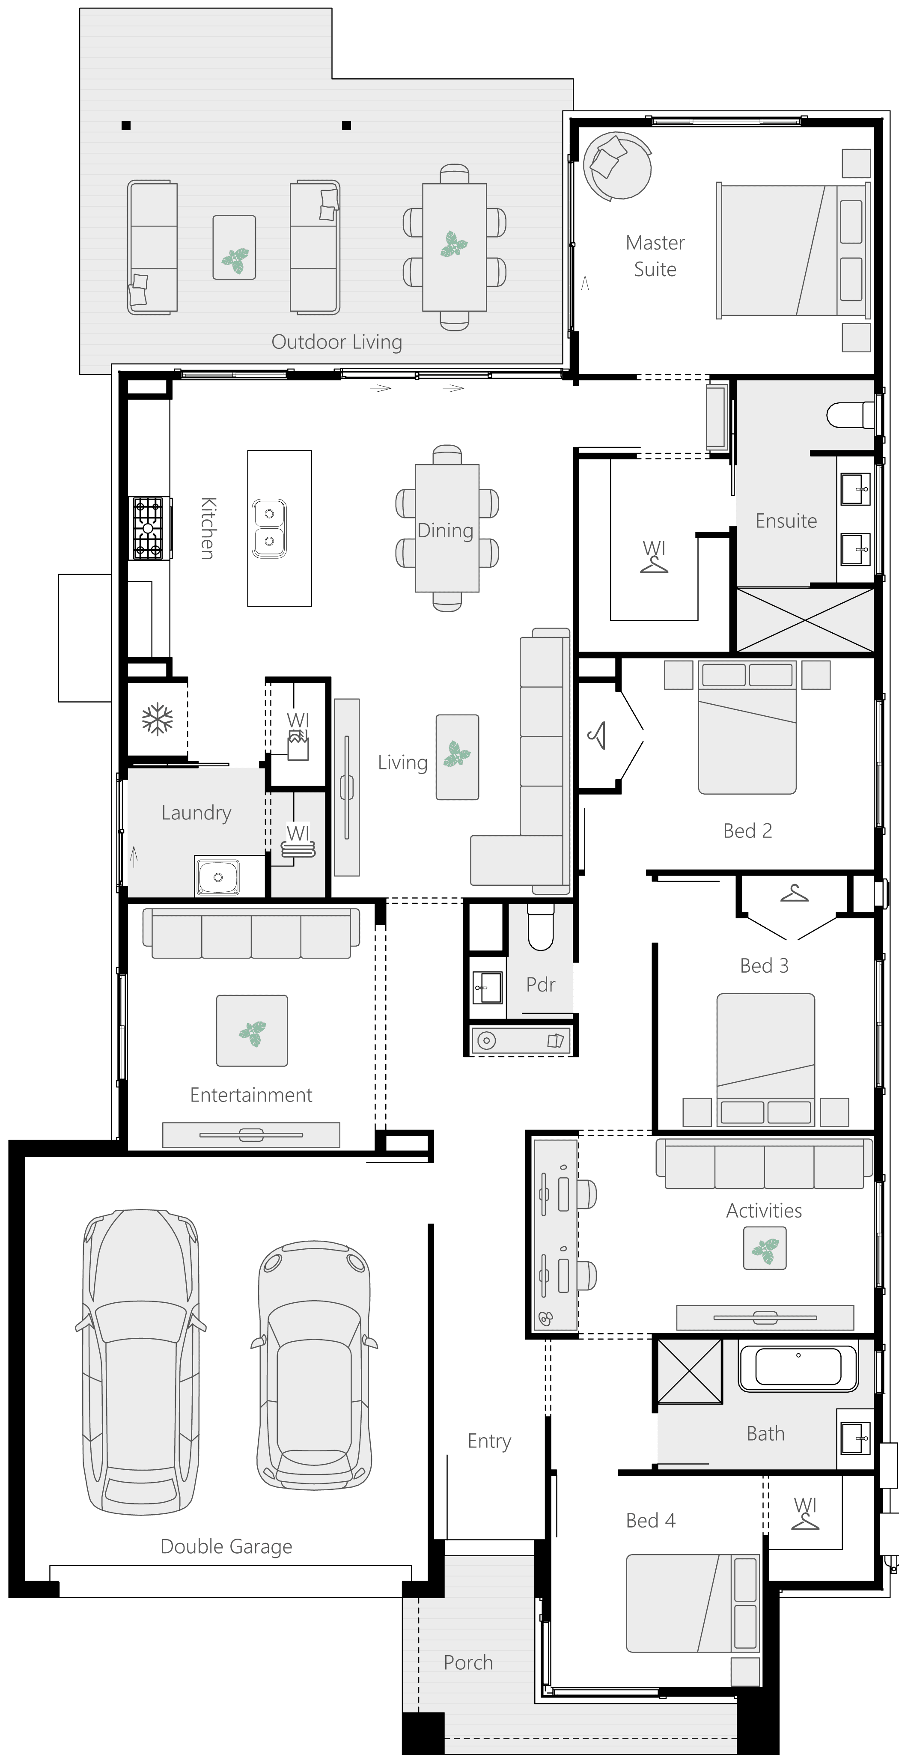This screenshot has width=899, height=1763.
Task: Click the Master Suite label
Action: pyautogui.click(x=655, y=256)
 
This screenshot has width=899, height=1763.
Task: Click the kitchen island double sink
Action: pyautogui.click(x=269, y=528)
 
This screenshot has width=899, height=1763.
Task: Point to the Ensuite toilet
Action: pyautogui.click(x=848, y=415)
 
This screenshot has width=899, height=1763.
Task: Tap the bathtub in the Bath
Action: pyautogui.click(x=798, y=1368)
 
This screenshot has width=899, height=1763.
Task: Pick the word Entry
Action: pyautogui.click(x=489, y=1441)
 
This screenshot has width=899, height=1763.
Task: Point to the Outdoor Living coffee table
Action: pyautogui.click(x=234, y=247)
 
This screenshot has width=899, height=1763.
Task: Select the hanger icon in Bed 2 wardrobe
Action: pyautogui.click(x=597, y=736)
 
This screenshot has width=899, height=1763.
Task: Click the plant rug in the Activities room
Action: pyautogui.click(x=765, y=1248)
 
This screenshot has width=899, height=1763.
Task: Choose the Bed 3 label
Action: pyautogui.click(x=764, y=966)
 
